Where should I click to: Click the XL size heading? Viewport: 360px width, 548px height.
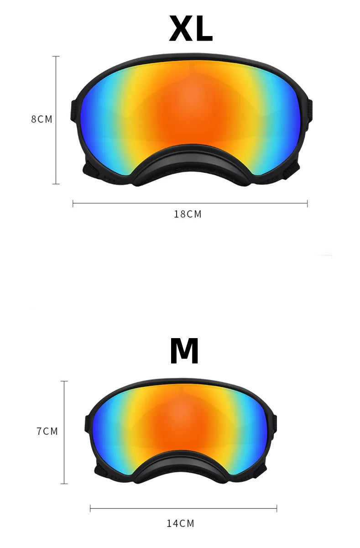point(190,30)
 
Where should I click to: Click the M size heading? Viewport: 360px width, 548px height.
point(184,352)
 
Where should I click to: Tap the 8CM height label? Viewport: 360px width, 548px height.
point(42,120)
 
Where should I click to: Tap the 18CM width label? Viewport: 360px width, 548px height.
point(188,214)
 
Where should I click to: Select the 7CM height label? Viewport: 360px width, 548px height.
point(47,431)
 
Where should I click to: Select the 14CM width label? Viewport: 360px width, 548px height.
point(180,523)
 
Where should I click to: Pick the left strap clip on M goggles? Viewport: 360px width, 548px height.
point(87,424)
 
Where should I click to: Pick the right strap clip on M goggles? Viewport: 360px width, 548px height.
point(275,424)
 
